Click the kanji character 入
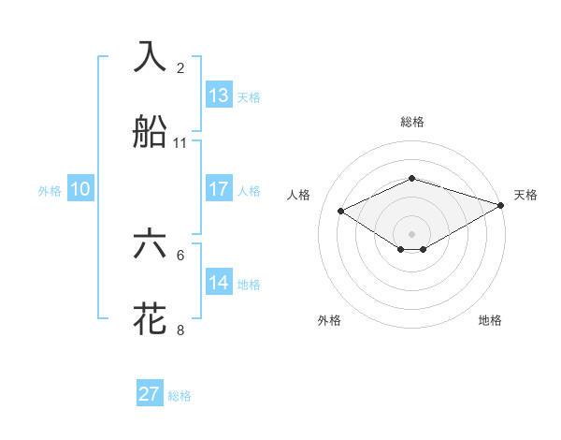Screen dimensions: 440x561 (151, 56)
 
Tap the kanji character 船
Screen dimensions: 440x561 (151, 132)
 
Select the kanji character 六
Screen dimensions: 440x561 (151, 243)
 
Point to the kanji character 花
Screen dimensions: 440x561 (151, 319)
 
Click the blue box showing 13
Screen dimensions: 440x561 (219, 95)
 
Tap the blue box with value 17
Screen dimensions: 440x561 (219, 189)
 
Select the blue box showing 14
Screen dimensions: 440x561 (219, 283)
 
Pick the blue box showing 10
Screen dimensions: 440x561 (80, 189)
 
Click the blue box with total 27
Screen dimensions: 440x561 (150, 394)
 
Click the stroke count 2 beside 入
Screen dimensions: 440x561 (180, 67)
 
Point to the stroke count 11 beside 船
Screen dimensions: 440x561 (180, 143)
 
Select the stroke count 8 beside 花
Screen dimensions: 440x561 (180, 330)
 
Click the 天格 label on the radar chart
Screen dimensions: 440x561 (525, 195)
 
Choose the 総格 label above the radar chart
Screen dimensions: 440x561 (411, 122)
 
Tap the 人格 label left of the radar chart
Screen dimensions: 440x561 (298, 195)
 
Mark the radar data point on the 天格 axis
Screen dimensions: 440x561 (502, 203)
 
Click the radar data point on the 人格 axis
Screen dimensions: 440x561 (341, 210)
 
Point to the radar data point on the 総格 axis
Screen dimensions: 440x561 (411, 178)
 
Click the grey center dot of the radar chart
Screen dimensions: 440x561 (411, 233)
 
